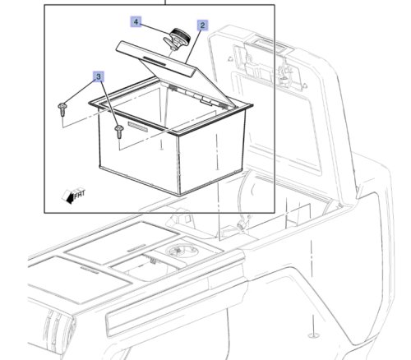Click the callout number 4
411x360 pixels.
136,21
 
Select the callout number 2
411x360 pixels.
202,25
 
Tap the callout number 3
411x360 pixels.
99,76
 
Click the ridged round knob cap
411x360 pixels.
180,35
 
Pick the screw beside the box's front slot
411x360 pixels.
119,131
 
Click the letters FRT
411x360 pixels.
80,194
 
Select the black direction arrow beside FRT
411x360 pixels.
70,198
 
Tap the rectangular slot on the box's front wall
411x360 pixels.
138,127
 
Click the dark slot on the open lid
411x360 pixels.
155,61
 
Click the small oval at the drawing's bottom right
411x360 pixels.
312,335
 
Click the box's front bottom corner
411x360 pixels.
179,195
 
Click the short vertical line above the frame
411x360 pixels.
165,2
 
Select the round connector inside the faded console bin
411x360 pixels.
241,224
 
